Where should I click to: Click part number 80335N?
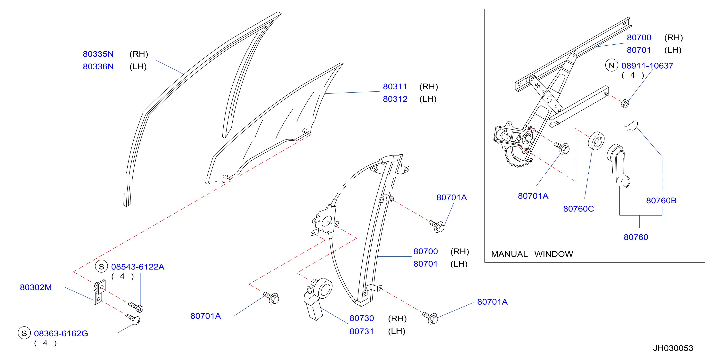[98, 54]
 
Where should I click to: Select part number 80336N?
[98, 66]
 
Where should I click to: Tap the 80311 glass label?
[395, 87]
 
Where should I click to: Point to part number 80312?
[395, 99]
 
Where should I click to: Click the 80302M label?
[36, 287]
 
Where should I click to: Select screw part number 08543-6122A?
[138, 267]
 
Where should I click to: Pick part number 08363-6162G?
[61, 333]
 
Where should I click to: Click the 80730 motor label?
[361, 318]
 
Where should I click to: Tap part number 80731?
[361, 331]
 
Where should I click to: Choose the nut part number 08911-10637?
[647, 66]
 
